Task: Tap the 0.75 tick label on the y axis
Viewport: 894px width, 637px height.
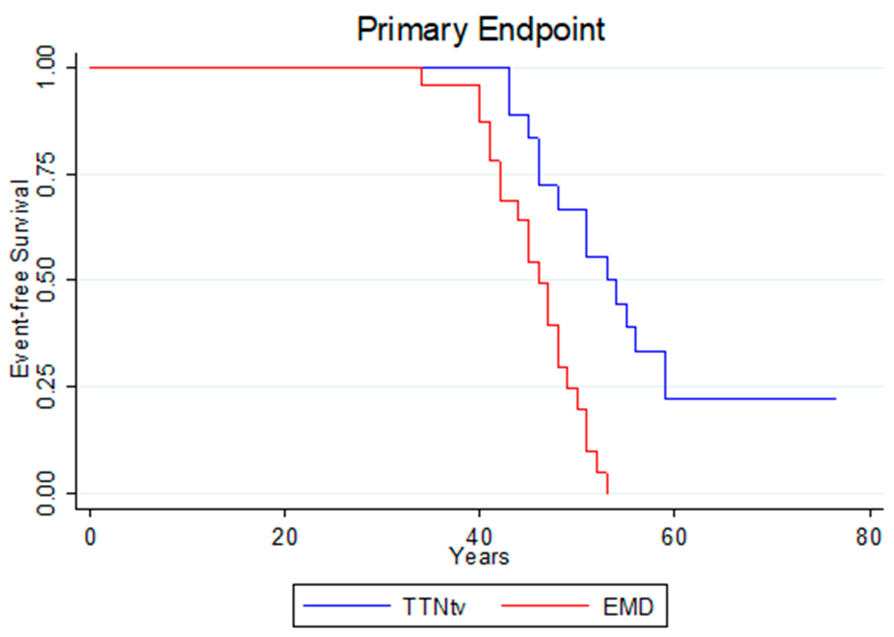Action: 46,174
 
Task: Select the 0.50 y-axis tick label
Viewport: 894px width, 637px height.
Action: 46,280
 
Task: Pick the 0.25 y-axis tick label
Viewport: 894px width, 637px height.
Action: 46,386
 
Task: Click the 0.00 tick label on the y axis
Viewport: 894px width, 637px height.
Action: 46,493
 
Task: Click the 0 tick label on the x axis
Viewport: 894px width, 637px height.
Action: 90,537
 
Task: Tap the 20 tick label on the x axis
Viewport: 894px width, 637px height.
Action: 284,537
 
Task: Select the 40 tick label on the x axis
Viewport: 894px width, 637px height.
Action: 479,537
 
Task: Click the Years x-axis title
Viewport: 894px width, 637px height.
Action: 479,556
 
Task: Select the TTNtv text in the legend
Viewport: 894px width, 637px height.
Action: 434,607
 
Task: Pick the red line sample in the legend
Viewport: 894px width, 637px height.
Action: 545,606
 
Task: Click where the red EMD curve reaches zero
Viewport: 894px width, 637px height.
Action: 608,493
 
